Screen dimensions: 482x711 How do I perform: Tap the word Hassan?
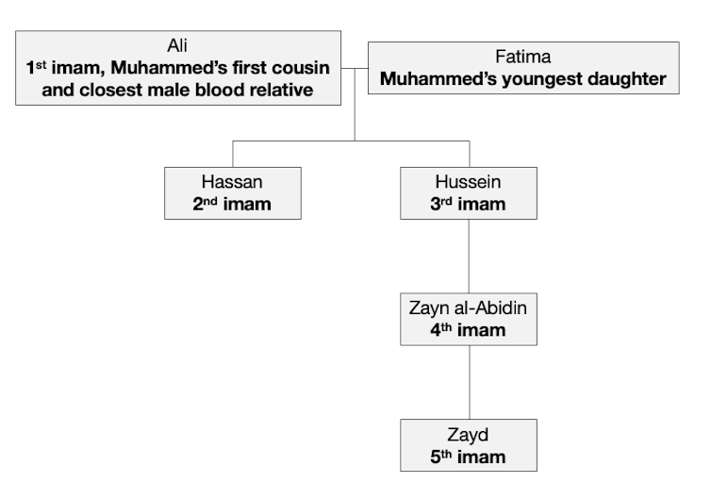(232, 182)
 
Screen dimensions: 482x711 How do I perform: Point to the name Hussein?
(469, 182)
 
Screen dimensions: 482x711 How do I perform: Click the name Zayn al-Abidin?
(469, 308)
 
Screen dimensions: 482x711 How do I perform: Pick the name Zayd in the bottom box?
(469, 435)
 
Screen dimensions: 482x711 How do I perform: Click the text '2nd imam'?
(232, 205)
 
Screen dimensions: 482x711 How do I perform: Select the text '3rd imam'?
(469, 205)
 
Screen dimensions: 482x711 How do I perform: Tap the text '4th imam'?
(469, 331)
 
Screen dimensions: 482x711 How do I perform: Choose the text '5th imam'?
(469, 457)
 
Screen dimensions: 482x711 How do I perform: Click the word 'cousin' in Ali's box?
(292, 68)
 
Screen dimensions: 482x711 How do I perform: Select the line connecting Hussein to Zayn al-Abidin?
(469, 256)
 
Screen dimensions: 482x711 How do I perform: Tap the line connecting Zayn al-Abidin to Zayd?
(469, 382)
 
